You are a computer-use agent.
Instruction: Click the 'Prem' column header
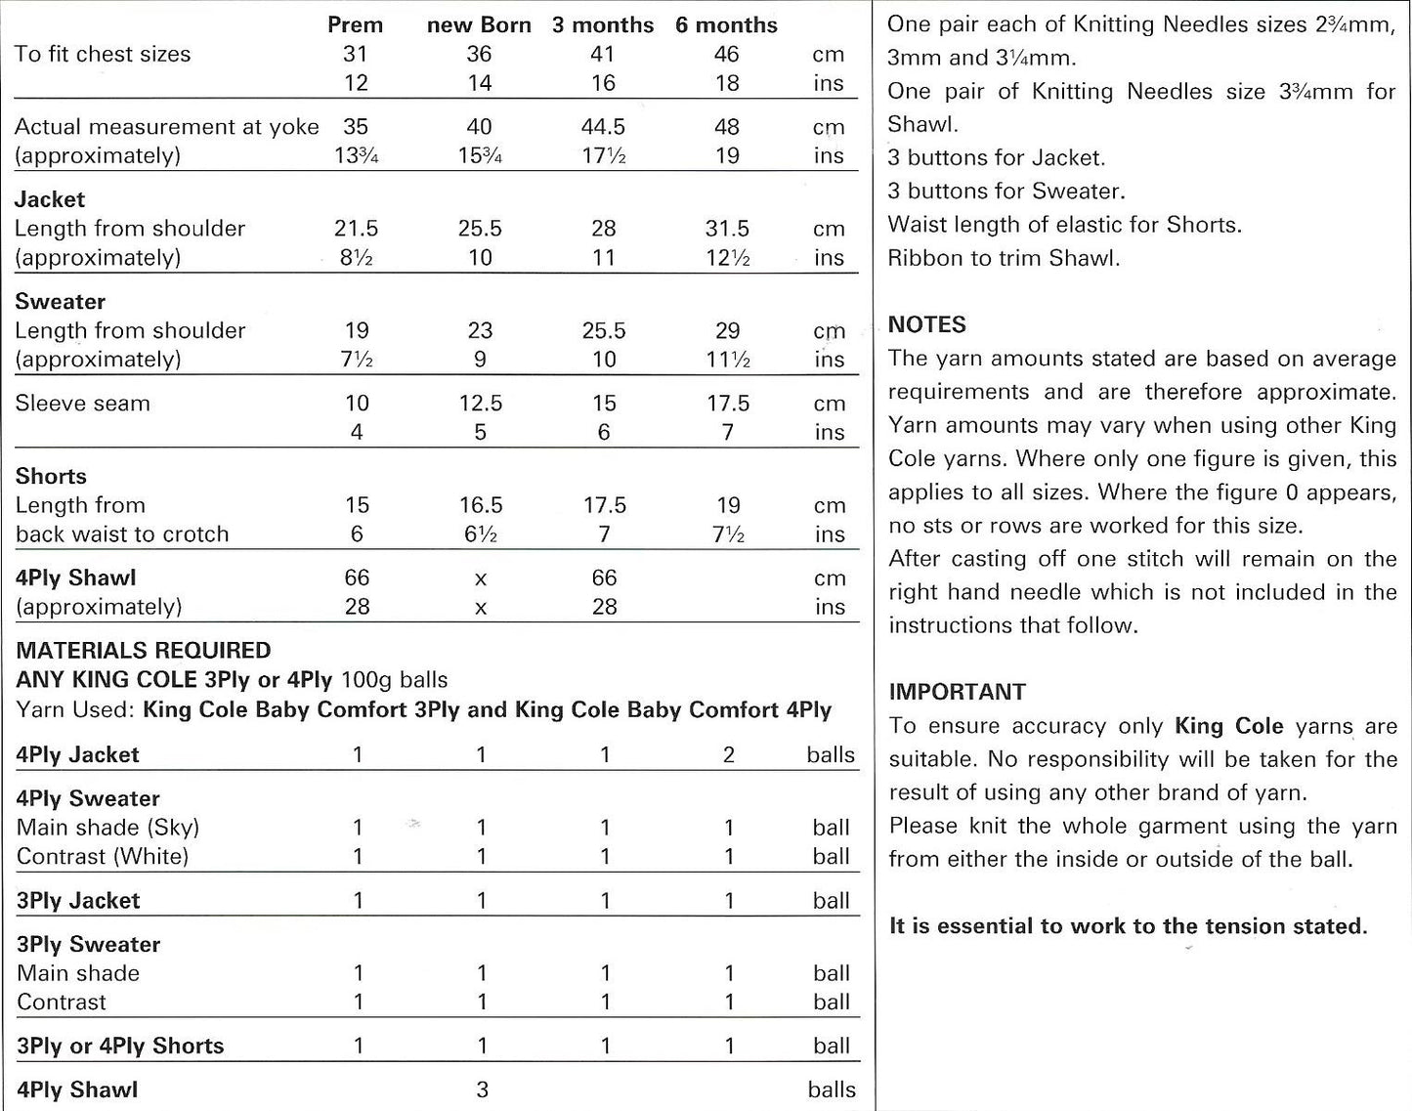click(x=355, y=24)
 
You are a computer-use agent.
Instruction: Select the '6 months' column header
click(x=726, y=24)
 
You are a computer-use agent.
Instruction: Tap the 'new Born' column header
click(x=479, y=24)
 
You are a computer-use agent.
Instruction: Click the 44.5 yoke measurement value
click(x=603, y=127)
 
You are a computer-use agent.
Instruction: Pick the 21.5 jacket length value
click(x=356, y=229)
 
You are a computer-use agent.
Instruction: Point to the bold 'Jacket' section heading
click(x=50, y=199)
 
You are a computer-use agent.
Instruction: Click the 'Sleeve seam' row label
click(x=82, y=404)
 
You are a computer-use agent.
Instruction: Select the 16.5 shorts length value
click(x=480, y=505)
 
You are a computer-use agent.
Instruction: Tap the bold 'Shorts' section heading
click(x=51, y=477)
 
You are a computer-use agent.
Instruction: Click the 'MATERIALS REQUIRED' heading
click(x=144, y=651)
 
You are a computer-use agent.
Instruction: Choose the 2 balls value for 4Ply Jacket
click(x=728, y=754)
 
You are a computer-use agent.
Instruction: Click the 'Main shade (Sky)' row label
click(x=107, y=828)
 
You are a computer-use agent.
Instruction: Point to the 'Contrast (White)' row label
click(x=103, y=857)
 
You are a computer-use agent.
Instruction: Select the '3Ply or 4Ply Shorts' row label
click(x=120, y=1046)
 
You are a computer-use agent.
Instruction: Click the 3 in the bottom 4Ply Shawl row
click(x=482, y=1090)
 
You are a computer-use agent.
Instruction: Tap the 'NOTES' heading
click(x=926, y=324)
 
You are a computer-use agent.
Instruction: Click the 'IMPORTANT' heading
click(x=957, y=692)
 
